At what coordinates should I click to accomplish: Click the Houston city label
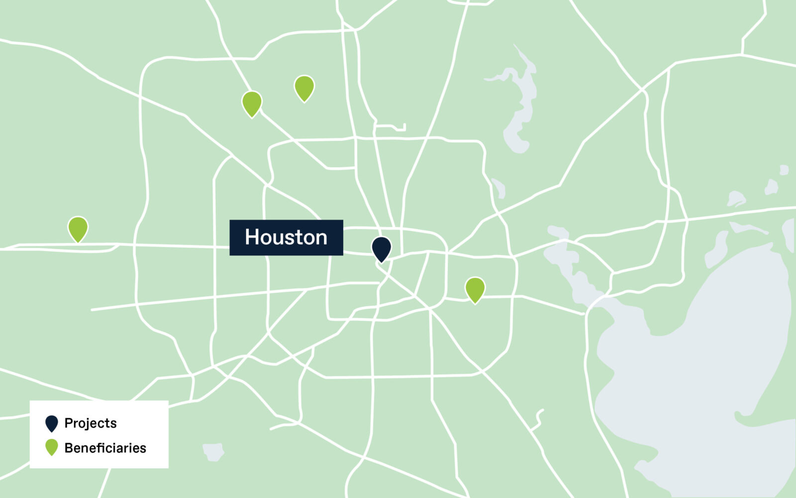click(x=286, y=238)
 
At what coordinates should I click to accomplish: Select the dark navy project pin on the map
click(x=382, y=248)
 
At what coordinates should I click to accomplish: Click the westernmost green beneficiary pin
click(x=78, y=228)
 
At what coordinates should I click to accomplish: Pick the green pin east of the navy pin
click(x=475, y=289)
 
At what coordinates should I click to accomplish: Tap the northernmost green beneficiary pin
click(x=304, y=88)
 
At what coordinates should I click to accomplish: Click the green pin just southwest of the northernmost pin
click(x=252, y=103)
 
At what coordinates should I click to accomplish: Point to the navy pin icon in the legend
click(x=52, y=423)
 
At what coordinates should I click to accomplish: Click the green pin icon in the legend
click(x=52, y=447)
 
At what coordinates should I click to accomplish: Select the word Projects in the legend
click(x=91, y=423)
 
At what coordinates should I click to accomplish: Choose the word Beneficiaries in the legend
click(x=105, y=448)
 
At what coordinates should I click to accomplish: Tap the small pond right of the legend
click(x=213, y=452)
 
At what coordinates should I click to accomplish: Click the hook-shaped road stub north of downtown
click(x=391, y=126)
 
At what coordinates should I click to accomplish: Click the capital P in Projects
click(x=69, y=423)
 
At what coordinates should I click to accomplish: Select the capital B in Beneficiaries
click(x=69, y=448)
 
